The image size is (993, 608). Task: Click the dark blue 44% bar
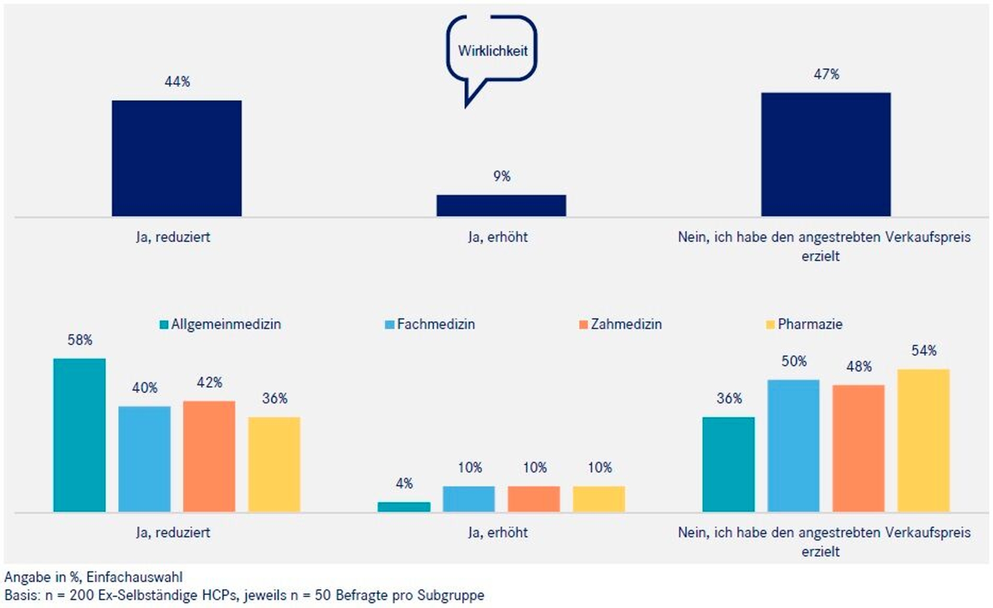pyautogui.click(x=177, y=158)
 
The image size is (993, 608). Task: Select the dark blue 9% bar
pyautogui.click(x=501, y=205)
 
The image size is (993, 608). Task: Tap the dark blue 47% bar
pyautogui.click(x=826, y=154)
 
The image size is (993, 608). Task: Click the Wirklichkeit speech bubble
pyautogui.click(x=492, y=51)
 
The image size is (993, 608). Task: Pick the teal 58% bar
pyautogui.click(x=79, y=435)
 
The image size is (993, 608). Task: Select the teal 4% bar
pyautogui.click(x=404, y=506)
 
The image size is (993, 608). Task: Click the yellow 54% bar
pyautogui.click(x=923, y=440)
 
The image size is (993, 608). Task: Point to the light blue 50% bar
pyautogui.click(x=793, y=445)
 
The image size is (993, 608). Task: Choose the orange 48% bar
pyautogui.click(x=858, y=448)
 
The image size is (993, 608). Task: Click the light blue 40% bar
pyautogui.click(x=144, y=459)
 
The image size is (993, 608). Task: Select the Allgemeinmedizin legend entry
pyautogui.click(x=220, y=324)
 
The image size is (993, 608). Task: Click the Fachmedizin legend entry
pyautogui.click(x=430, y=324)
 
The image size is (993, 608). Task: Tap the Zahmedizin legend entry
pyautogui.click(x=620, y=324)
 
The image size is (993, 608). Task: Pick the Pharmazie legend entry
pyautogui.click(x=804, y=324)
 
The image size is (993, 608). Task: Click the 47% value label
pyautogui.click(x=826, y=74)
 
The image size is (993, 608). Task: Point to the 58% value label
pyautogui.click(x=79, y=340)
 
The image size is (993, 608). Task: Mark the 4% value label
pyautogui.click(x=404, y=483)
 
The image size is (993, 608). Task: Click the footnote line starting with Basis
pyautogui.click(x=244, y=595)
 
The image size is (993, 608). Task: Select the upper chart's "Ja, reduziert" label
pyautogui.click(x=173, y=237)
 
